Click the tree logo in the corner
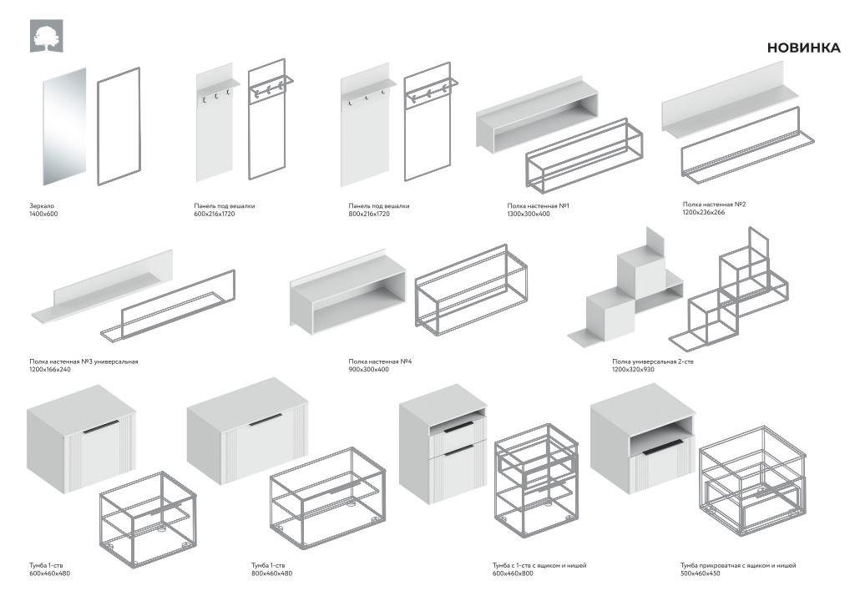[x=45, y=37]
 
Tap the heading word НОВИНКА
[x=803, y=48]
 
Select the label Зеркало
[x=41, y=205]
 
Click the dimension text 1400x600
[x=44, y=215]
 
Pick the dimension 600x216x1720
[x=215, y=215]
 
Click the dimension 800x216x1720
[x=370, y=215]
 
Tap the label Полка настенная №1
[x=538, y=205]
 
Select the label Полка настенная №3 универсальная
[x=83, y=361]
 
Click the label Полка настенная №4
[x=382, y=361]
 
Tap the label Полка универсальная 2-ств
[x=652, y=361]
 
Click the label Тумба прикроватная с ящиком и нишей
[x=738, y=565]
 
